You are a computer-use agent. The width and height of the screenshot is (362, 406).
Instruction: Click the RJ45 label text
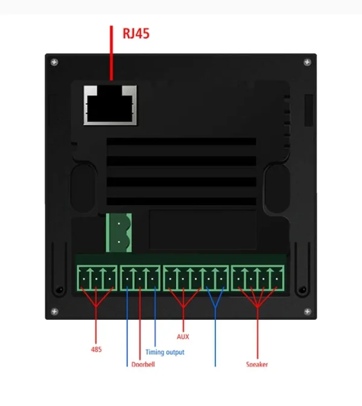pos(136,33)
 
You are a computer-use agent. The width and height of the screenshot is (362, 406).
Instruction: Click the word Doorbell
pos(143,364)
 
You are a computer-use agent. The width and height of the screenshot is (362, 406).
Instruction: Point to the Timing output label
pos(165,352)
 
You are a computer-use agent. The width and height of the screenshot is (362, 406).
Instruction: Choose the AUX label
pos(183,337)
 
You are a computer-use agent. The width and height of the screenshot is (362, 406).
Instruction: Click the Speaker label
pos(257,364)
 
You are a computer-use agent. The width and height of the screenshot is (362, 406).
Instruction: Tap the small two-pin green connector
pos(119,234)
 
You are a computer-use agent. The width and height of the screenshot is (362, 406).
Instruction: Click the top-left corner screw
pos(55,62)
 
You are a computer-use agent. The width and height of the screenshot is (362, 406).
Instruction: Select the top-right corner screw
pos(307,62)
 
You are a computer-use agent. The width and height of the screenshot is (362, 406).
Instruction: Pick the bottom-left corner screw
pos(55,311)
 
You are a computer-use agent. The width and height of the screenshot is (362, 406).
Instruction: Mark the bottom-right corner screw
pos(307,311)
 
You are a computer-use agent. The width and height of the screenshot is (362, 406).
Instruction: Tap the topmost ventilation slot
pos(181,143)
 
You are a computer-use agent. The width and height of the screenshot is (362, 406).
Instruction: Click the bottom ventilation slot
pos(181,201)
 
